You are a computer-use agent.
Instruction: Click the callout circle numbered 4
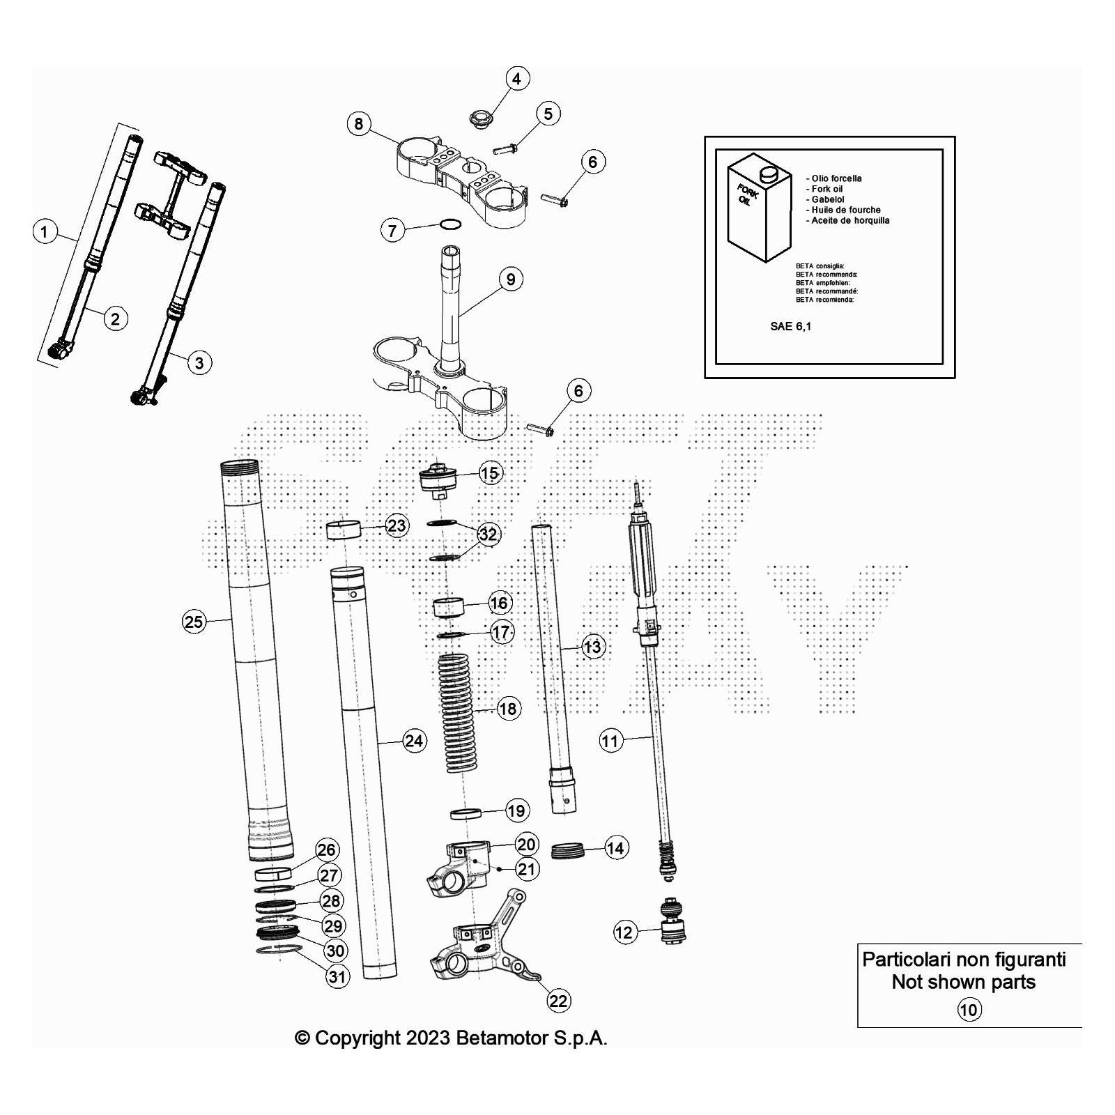click(x=516, y=79)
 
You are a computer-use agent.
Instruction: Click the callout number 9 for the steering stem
click(x=511, y=279)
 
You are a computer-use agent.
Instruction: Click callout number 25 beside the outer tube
click(x=194, y=621)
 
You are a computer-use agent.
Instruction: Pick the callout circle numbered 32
click(x=488, y=535)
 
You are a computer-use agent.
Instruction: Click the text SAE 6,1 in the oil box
click(x=790, y=326)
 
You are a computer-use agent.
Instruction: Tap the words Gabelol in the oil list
click(x=827, y=199)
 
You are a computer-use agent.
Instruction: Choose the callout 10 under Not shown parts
click(x=969, y=1009)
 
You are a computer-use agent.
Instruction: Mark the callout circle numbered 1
click(x=45, y=231)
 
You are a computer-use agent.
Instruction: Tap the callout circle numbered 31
click(x=337, y=976)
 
